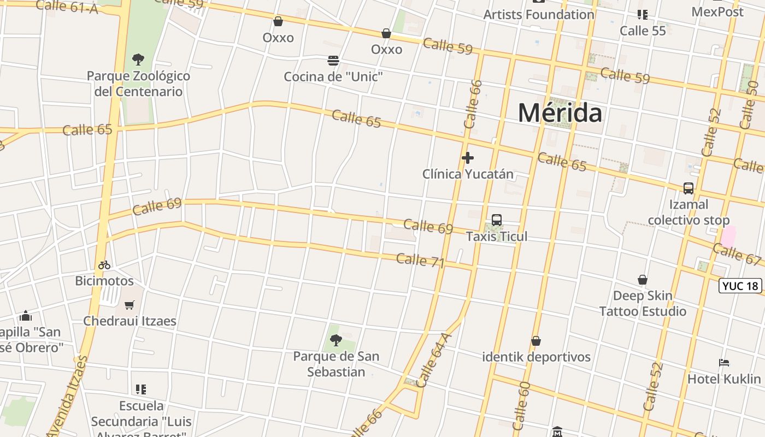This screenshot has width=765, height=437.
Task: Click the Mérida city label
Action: (560, 113)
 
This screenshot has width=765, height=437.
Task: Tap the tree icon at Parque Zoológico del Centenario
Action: (138, 59)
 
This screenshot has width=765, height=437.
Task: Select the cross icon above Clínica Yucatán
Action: (468, 158)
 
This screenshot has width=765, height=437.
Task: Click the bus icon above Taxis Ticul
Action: (497, 220)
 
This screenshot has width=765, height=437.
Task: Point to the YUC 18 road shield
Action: (740, 286)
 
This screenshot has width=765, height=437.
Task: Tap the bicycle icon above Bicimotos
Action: (104, 265)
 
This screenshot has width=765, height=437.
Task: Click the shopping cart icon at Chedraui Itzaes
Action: (130, 305)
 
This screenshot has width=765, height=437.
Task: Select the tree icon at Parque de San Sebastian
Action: (336, 340)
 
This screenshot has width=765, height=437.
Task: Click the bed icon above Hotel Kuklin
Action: (724, 363)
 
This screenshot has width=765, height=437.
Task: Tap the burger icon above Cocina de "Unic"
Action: (333, 60)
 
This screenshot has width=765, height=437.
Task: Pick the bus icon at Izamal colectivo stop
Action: (688, 188)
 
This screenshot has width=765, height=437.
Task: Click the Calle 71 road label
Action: (420, 261)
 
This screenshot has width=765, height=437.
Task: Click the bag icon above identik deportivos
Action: (536, 341)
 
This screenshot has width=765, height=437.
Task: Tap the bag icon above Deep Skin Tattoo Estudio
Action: (643, 280)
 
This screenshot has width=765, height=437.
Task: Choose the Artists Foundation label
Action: (539, 15)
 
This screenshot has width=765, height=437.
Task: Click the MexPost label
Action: (717, 11)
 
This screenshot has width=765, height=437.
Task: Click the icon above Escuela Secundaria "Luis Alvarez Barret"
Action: (141, 389)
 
